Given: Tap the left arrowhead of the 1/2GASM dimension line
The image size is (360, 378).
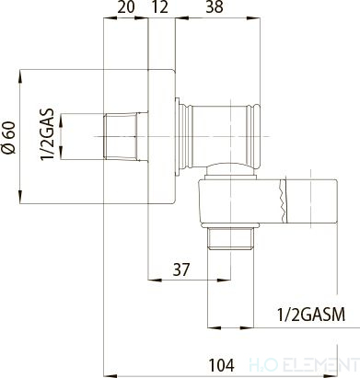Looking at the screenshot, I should [x=207, y=326].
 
